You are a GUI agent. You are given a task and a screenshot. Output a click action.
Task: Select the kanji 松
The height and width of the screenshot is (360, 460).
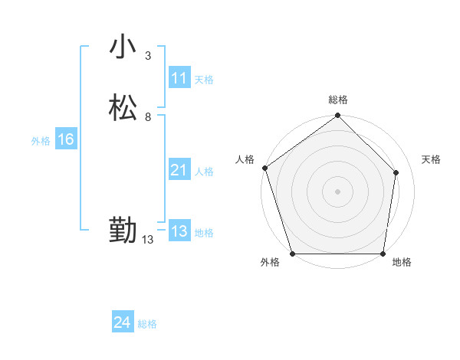123,108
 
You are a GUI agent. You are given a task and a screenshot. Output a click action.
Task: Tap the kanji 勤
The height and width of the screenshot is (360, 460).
123,231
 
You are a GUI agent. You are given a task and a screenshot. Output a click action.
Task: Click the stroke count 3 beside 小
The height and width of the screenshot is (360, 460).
147,56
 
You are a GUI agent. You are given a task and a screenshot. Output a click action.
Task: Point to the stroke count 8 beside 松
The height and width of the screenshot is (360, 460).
147,117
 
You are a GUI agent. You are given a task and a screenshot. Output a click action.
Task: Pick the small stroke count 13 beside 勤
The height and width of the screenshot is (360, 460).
147,240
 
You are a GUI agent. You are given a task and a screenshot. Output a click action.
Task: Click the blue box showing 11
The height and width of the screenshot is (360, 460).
179,78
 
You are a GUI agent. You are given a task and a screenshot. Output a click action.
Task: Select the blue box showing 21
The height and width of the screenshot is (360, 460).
179,170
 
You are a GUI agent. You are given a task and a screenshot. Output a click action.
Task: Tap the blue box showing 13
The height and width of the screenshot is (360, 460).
179,231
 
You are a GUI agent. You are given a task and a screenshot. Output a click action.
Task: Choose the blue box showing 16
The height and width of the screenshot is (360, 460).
65,139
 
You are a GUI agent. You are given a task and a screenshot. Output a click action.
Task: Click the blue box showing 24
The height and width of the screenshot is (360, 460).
122,322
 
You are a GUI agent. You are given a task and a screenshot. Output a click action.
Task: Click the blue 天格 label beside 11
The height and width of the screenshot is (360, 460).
204,79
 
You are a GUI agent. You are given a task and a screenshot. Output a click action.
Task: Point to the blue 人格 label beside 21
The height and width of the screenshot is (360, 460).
204,172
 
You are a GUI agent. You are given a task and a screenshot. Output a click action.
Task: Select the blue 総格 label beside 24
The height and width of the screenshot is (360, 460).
147,324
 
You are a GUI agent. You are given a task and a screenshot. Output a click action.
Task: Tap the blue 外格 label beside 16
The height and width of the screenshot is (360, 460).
41,141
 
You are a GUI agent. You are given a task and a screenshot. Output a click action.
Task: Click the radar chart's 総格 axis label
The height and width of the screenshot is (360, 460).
338,100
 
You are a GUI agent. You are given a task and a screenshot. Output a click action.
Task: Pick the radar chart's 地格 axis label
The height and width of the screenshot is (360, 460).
402,262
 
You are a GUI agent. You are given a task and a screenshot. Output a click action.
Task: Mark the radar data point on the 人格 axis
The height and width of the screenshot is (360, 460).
264,168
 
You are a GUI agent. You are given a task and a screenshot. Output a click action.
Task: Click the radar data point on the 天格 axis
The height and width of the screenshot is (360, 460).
396,172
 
